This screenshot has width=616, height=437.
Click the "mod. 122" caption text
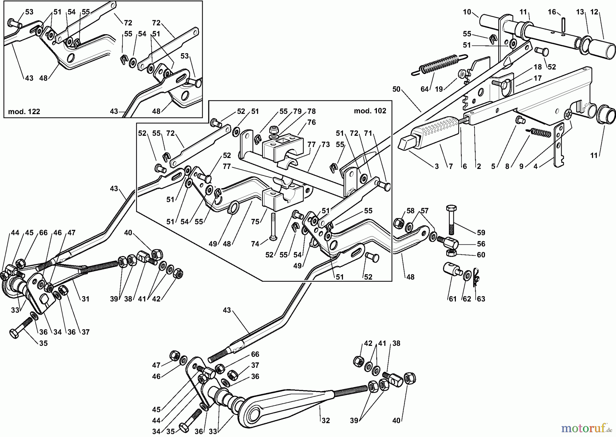(24, 111)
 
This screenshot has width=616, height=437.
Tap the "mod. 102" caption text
(370, 111)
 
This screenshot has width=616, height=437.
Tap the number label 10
(467, 12)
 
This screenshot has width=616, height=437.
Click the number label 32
(326, 420)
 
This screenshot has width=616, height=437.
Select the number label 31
(85, 299)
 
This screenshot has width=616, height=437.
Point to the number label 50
(396, 89)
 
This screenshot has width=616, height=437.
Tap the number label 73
(325, 145)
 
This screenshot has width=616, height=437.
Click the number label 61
(452, 299)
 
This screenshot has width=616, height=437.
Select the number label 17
(538, 78)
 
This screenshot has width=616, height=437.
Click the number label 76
(311, 122)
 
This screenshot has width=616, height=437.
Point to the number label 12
(594, 12)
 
